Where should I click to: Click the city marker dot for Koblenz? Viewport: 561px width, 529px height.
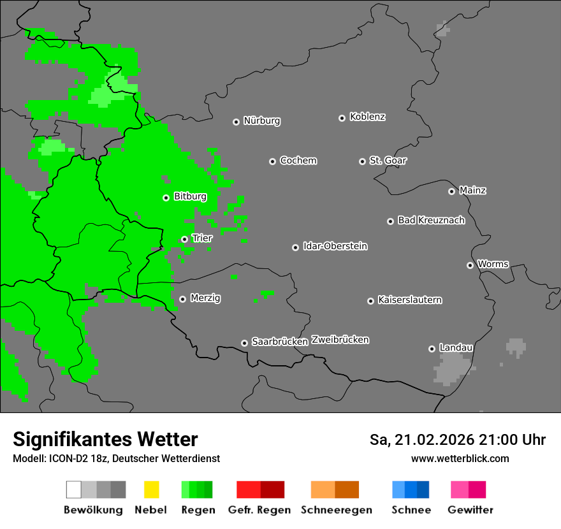pos(342,118)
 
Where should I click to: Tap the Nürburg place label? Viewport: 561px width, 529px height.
pos(261,121)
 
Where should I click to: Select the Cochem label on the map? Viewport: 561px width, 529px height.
pos(298,161)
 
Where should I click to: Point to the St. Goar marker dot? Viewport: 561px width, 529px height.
pos(362,161)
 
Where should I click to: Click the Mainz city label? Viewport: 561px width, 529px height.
pos(472,191)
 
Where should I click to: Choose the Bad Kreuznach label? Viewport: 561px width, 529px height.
pos(431,221)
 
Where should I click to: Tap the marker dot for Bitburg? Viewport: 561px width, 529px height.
pos(166,198)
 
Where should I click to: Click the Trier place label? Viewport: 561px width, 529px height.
pos(202,238)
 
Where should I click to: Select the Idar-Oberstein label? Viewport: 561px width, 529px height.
pos(335,246)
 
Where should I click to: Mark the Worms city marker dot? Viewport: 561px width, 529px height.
pos(470,265)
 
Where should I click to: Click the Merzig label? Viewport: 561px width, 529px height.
pos(205,298)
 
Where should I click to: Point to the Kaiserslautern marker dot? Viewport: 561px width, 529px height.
pos(370,301)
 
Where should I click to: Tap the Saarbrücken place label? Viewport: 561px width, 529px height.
pos(279,342)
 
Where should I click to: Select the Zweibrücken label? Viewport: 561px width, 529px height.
pos(340,340)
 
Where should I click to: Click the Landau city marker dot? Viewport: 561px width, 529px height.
pos(432,349)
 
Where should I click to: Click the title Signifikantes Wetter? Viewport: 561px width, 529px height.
pos(105,439)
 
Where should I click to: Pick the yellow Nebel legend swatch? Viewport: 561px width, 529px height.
pos(151,489)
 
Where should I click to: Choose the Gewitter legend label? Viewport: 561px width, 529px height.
pos(470,510)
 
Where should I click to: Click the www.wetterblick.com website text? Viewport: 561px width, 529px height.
pos(460,458)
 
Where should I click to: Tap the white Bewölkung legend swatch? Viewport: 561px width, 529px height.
pos(73,489)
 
